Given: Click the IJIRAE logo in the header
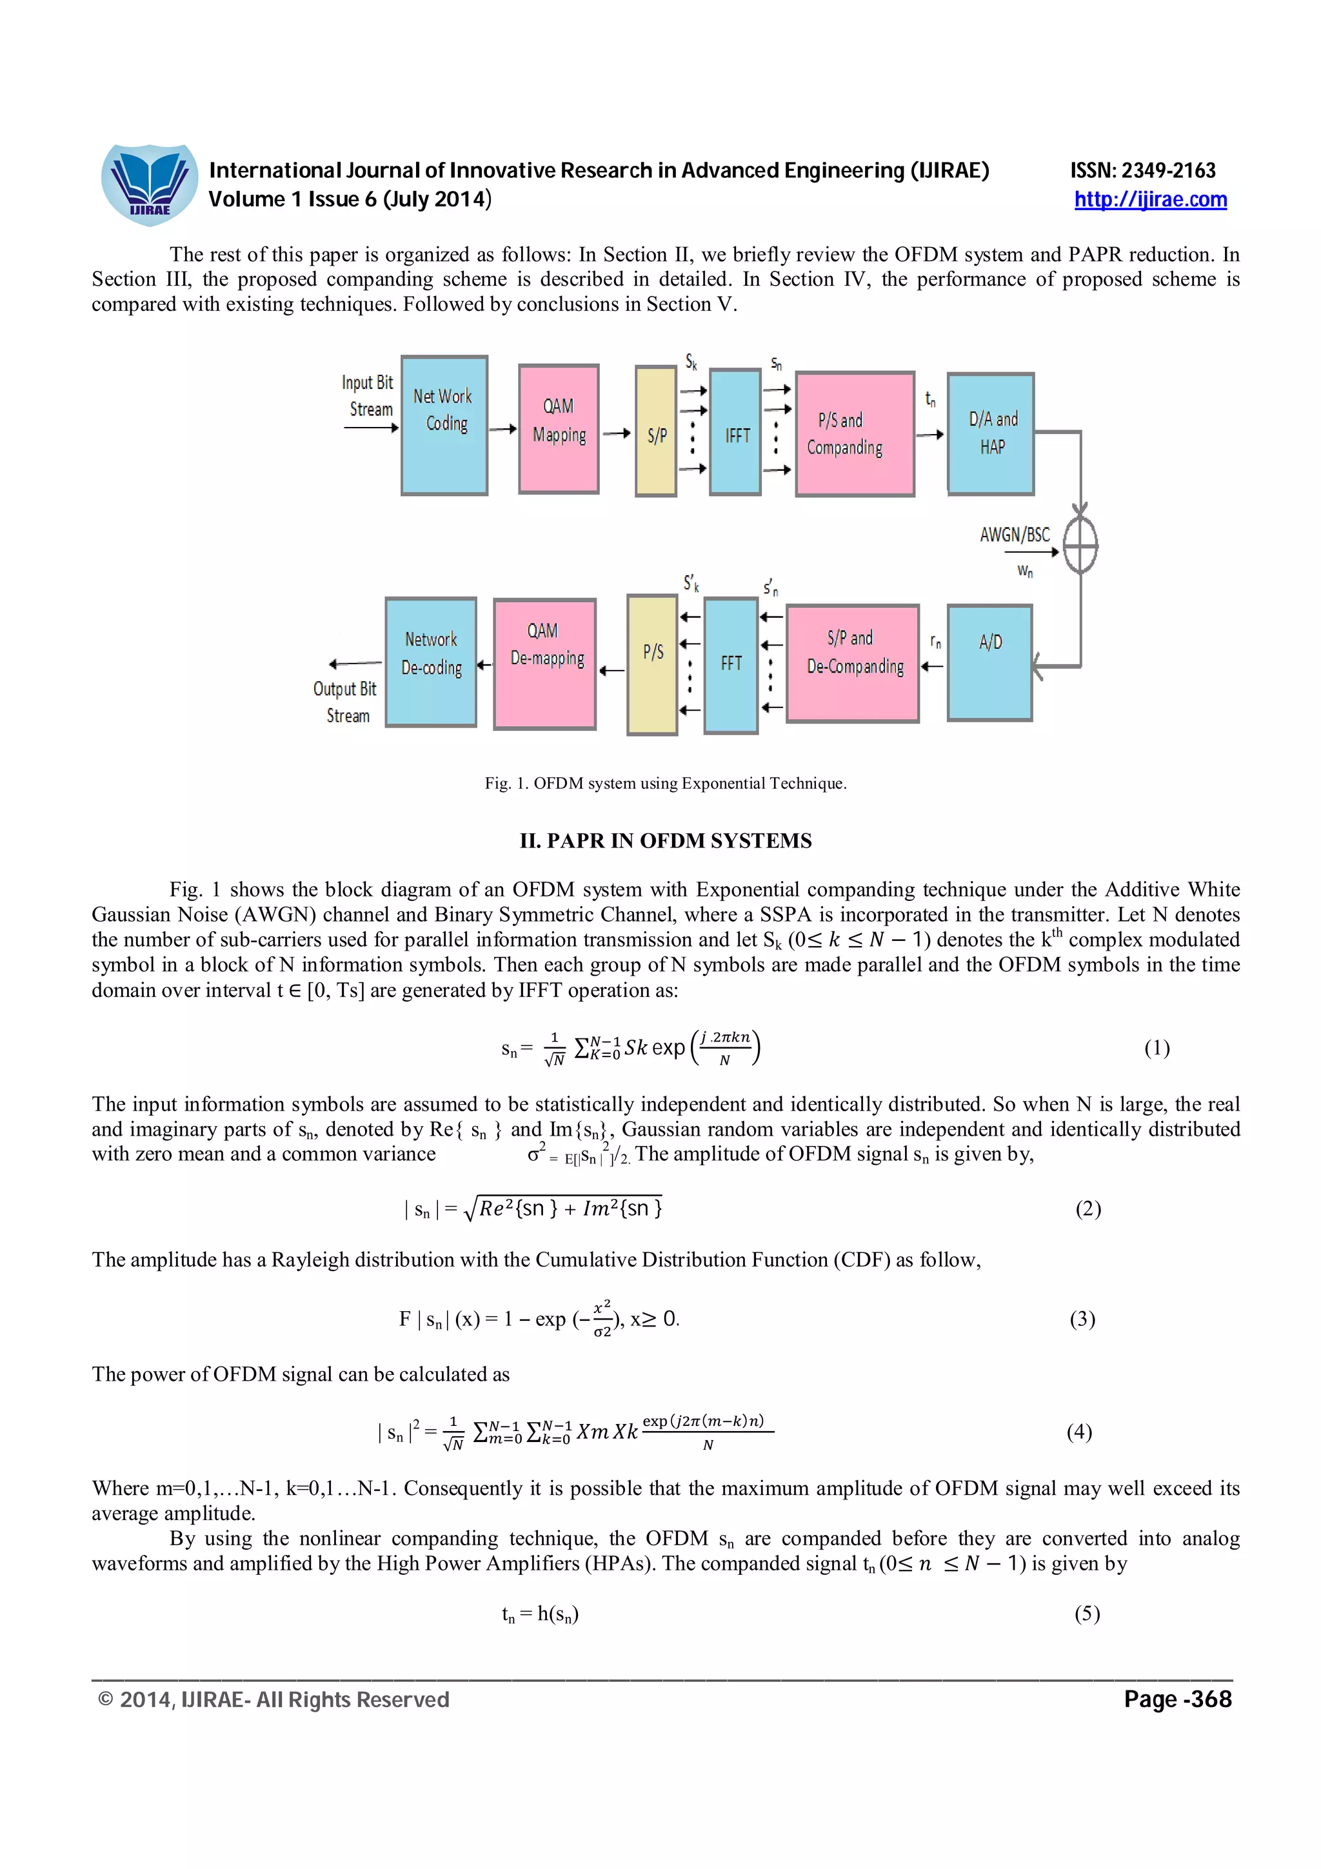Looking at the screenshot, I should click(x=149, y=185).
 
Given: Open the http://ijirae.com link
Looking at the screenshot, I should click(x=1149, y=199).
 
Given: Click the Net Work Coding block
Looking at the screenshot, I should click(x=444, y=425).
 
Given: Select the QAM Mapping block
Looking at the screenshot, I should click(x=559, y=428).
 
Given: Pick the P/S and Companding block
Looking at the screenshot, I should click(x=854, y=434).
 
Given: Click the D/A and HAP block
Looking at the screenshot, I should click(x=991, y=434).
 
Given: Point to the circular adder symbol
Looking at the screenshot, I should click(x=1080, y=544).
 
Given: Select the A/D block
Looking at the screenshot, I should click(x=989, y=662).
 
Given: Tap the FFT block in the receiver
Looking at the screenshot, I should click(x=731, y=665).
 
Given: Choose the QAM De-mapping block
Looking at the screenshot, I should click(x=544, y=664).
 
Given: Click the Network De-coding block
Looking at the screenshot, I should click(x=431, y=662).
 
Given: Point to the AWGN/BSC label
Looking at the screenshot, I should click(x=1014, y=535).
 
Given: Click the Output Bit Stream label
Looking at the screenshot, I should click(x=346, y=702).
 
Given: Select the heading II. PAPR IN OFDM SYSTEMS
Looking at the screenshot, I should click(x=665, y=841).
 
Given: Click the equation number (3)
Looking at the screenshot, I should click(x=1082, y=1319).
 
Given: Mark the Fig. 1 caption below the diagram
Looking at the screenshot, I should click(x=665, y=783).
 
